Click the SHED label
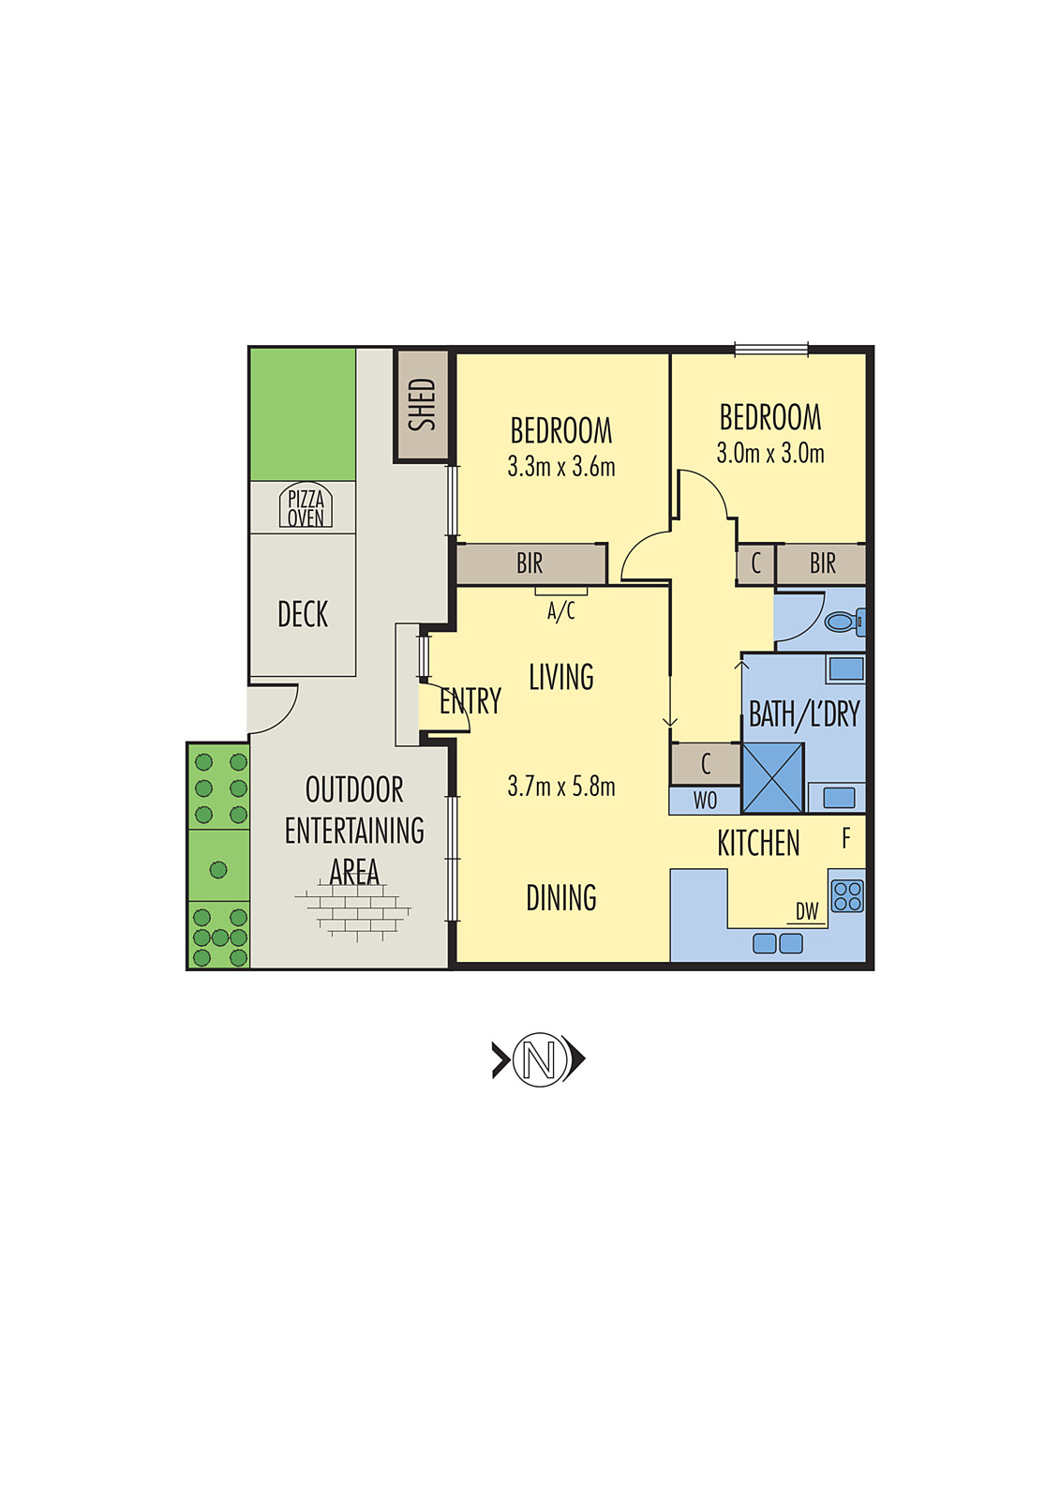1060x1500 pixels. (x=423, y=405)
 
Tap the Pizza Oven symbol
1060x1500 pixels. (x=306, y=507)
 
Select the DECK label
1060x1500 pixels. (x=303, y=615)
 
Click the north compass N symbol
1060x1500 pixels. (x=539, y=1059)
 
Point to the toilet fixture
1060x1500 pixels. (x=844, y=621)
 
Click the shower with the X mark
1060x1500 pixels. (x=773, y=778)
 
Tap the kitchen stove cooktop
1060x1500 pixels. (x=847, y=896)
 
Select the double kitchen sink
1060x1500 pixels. (x=778, y=943)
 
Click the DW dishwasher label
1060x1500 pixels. (x=807, y=911)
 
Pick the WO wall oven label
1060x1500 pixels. (x=705, y=801)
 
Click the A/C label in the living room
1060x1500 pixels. (x=561, y=612)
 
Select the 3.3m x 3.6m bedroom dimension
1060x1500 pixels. (x=561, y=467)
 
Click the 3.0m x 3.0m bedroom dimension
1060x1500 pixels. (x=770, y=454)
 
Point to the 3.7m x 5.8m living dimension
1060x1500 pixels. (x=561, y=787)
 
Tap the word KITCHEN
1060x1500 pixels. (x=758, y=844)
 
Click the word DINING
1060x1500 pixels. (x=561, y=898)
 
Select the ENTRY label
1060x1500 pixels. (x=470, y=701)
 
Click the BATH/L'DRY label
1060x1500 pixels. (x=804, y=715)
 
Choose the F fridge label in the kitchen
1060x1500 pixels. (x=846, y=838)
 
